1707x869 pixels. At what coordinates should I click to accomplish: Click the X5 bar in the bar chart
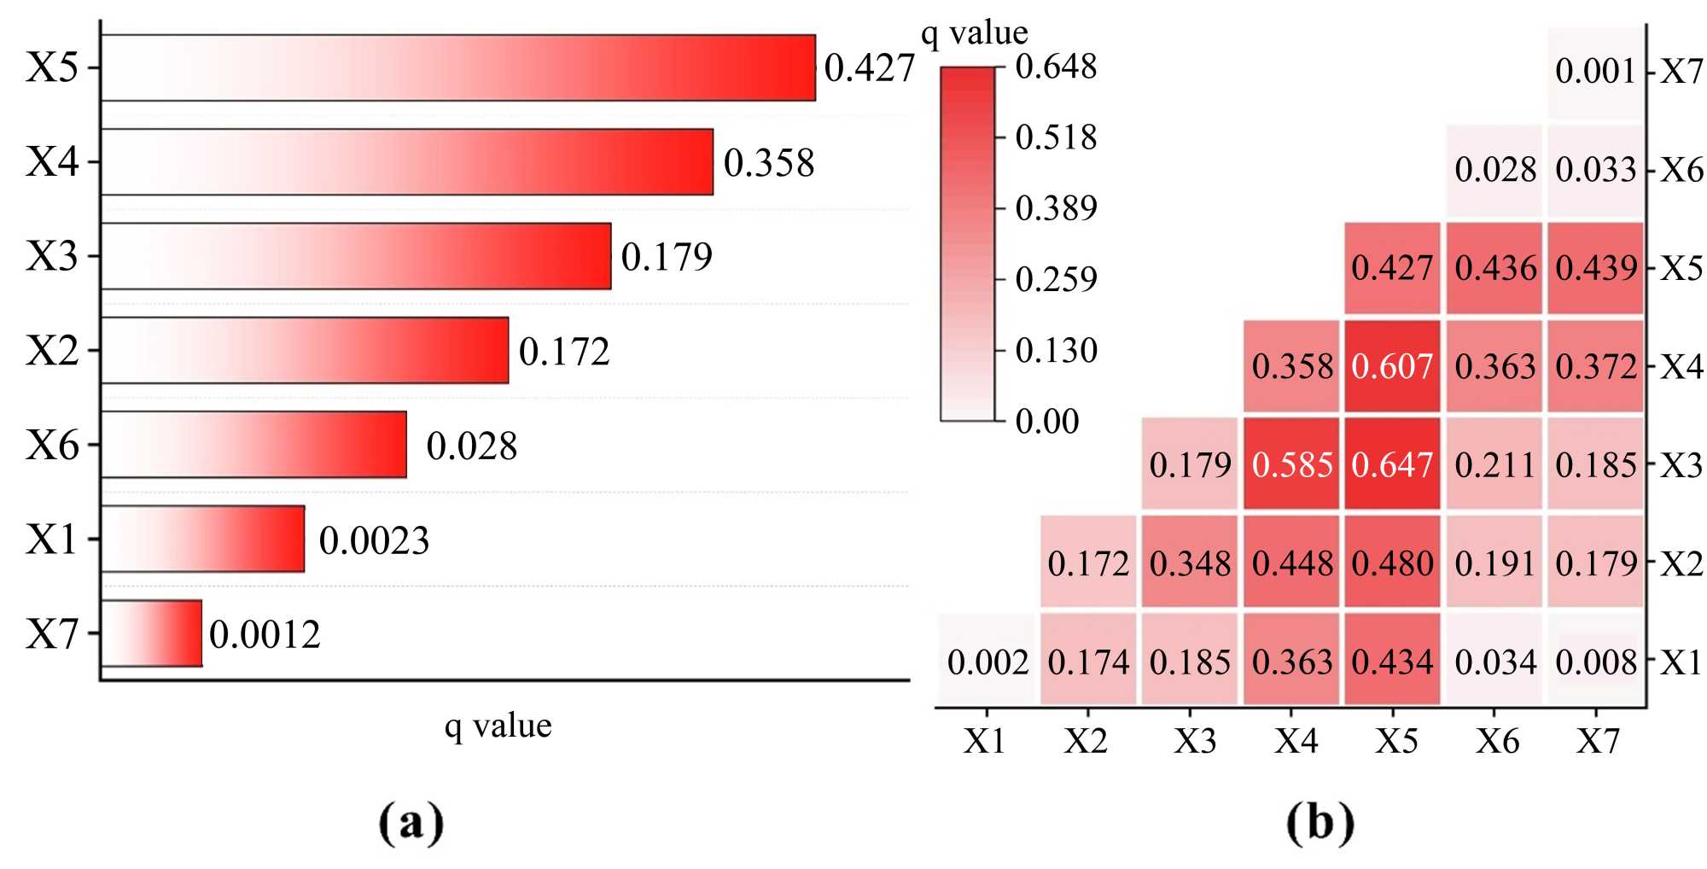click(457, 68)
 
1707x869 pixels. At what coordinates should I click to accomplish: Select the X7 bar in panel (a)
click(152, 633)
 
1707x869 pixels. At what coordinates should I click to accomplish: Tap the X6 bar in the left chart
click(253, 445)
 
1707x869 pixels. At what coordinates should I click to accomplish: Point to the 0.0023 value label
click(374, 540)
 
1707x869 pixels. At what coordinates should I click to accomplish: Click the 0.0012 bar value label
click(265, 634)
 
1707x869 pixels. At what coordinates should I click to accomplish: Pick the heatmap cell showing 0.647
click(1392, 464)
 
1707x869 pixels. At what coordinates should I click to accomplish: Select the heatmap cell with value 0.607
click(1392, 366)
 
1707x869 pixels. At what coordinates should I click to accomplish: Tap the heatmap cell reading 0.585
click(1291, 464)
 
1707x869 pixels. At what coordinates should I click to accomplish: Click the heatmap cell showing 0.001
click(1595, 71)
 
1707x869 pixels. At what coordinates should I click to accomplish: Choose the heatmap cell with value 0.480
click(1392, 563)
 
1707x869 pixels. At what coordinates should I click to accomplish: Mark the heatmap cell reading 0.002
click(987, 662)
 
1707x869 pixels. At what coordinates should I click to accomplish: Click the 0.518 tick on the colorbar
click(1056, 137)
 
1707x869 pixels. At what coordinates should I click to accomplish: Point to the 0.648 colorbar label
click(1056, 67)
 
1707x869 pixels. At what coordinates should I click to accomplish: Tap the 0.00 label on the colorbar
click(1047, 421)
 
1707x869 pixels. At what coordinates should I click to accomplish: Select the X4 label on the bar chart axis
click(52, 161)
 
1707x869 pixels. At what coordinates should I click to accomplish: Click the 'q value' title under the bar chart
click(498, 726)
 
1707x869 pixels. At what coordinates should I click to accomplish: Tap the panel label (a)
click(411, 822)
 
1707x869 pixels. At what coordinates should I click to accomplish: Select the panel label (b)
click(1320, 822)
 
